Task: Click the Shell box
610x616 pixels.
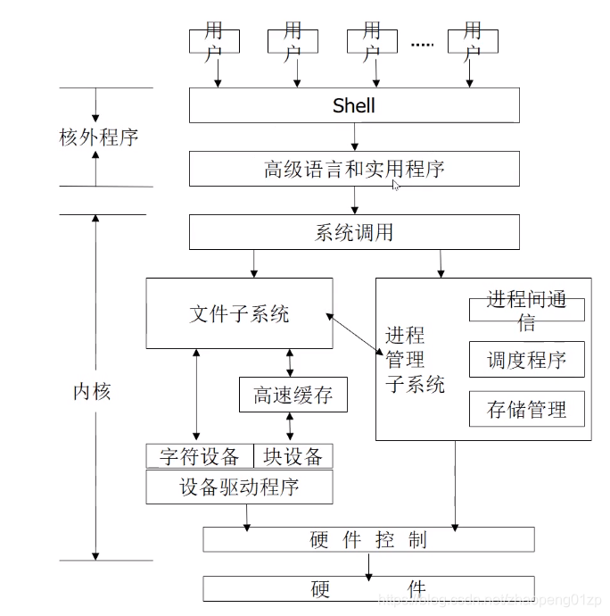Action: [x=354, y=105]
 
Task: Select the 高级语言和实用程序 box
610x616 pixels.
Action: [x=354, y=169]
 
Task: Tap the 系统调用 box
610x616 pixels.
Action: [x=354, y=232]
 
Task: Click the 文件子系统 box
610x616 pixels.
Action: [x=239, y=313]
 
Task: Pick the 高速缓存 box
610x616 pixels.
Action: [x=293, y=395]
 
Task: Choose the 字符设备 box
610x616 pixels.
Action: [x=200, y=457]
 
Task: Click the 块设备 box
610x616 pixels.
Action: [x=293, y=457]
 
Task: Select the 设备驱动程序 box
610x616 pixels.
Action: [x=239, y=487]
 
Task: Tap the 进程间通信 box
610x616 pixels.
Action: [x=526, y=310]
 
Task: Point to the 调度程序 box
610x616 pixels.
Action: [x=526, y=360]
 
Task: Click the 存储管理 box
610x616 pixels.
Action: [x=526, y=410]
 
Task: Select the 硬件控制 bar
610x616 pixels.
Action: [x=368, y=539]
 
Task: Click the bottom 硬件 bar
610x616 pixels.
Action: [x=368, y=589]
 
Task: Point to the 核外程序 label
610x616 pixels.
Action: [x=98, y=137]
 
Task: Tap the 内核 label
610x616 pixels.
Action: [x=92, y=391]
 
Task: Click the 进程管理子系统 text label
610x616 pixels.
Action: [x=415, y=360]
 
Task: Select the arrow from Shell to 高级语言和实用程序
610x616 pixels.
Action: [x=355, y=137]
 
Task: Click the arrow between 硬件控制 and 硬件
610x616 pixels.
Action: [x=368, y=564]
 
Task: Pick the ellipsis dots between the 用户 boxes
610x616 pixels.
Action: [x=422, y=43]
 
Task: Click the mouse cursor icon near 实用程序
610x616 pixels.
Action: [x=396, y=185]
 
